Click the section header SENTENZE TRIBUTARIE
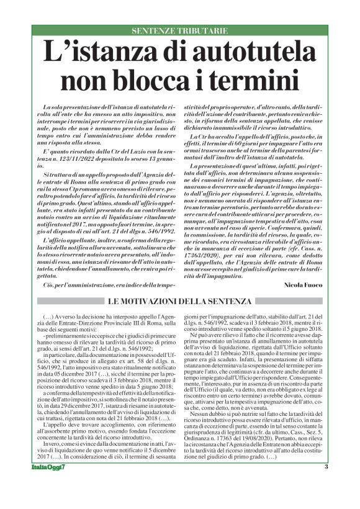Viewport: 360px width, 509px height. pyautogui.click(x=180, y=30)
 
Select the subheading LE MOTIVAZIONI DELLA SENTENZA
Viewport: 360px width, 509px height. pyautogui.click(x=179, y=301)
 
